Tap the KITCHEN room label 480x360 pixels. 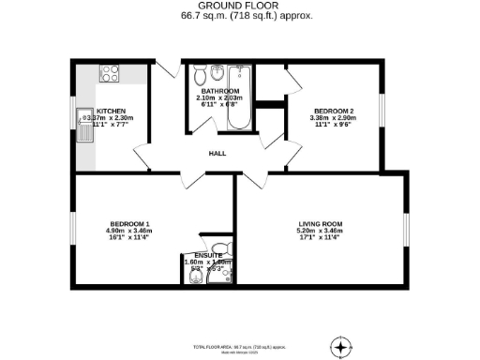point(111,111)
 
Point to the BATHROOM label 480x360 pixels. point(220,91)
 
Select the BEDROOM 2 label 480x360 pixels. point(333,112)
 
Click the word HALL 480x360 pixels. point(217,153)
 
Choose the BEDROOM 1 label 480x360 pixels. point(129,223)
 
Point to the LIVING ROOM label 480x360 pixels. point(320,223)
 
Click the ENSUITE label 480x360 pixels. point(207,255)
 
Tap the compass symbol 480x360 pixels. point(341,347)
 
